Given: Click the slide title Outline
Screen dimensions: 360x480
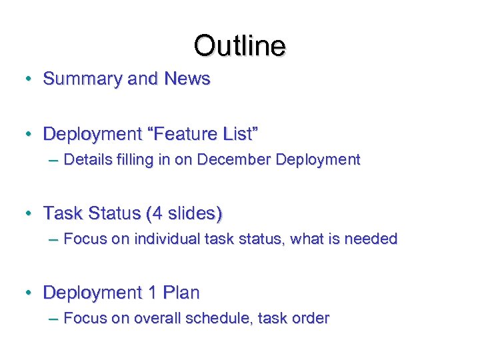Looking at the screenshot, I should point(239,45).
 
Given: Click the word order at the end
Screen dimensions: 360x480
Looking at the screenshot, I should point(310,319).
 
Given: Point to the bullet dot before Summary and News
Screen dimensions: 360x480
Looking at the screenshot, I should point(29,79).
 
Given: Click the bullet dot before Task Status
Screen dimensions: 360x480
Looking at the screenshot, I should point(29,215).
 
